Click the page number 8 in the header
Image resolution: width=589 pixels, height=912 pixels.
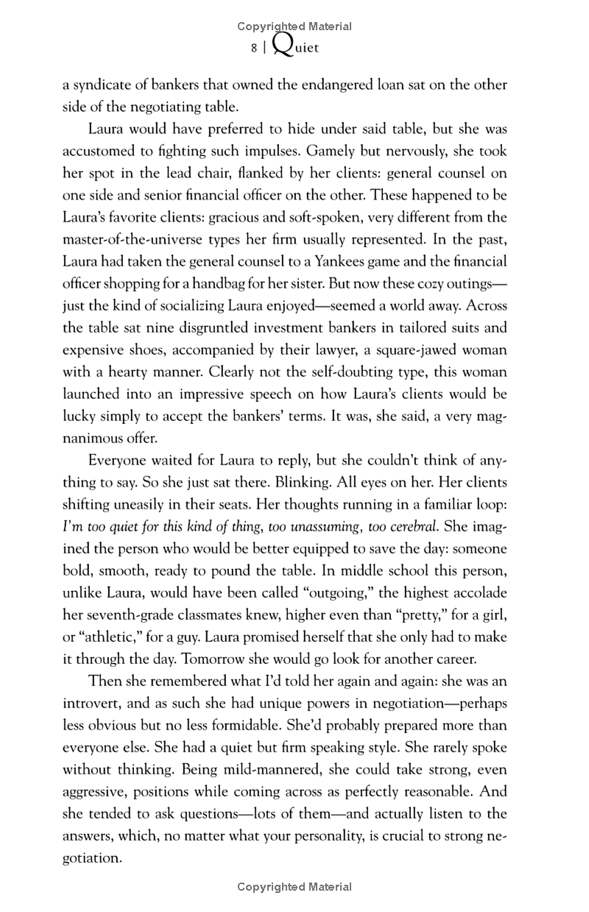click(253, 48)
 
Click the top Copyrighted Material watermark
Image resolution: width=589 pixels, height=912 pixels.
click(294, 26)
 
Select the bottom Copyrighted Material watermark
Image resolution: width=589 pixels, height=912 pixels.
click(294, 887)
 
